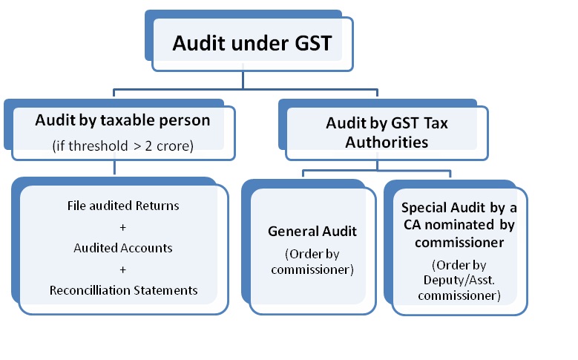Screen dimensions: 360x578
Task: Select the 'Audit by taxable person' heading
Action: [122, 120]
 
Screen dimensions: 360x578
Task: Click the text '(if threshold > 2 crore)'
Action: [122, 146]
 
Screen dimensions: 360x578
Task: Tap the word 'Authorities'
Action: [387, 142]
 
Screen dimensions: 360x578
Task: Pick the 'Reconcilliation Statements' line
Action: [123, 290]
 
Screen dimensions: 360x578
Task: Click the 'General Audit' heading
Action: [312, 232]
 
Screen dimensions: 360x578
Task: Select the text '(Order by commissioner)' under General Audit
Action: [312, 261]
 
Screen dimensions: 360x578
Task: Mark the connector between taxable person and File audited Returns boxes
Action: [114, 168]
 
